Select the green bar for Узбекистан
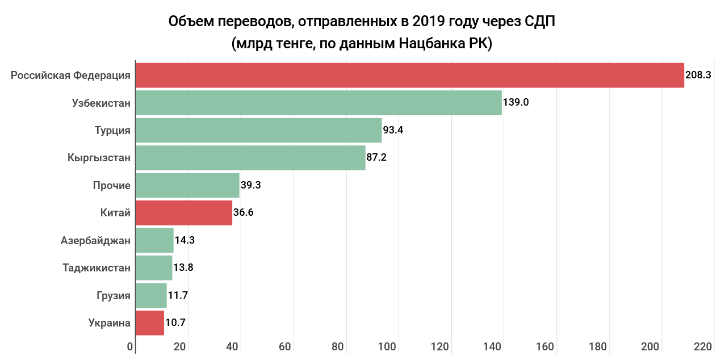click(x=319, y=103)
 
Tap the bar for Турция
click(x=258, y=130)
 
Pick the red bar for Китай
click(x=184, y=213)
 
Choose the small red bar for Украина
click(x=150, y=323)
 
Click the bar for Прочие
click(x=187, y=185)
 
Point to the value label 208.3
click(x=698, y=75)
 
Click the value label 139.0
click(x=516, y=103)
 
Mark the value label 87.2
click(x=376, y=157)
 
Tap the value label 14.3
click(x=185, y=240)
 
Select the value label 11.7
click(x=178, y=295)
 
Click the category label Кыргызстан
click(x=99, y=158)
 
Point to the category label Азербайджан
click(x=95, y=240)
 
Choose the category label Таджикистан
click(x=97, y=267)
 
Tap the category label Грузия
click(x=114, y=295)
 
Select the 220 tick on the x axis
click(x=702, y=347)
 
